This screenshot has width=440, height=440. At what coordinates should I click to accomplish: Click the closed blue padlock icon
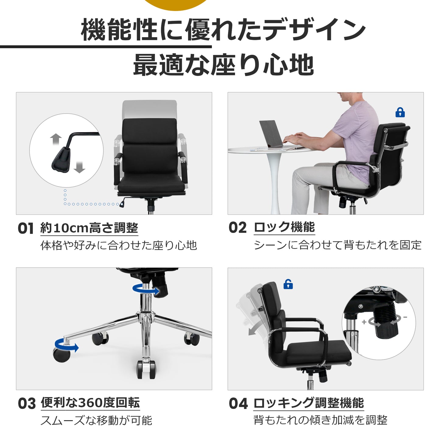[x=400, y=112]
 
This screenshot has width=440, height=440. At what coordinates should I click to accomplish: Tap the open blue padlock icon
[x=288, y=284]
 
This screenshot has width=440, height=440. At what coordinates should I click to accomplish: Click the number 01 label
[x=26, y=228]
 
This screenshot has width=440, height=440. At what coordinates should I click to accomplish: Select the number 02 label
[x=238, y=227]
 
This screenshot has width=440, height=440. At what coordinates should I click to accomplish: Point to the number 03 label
[x=27, y=403]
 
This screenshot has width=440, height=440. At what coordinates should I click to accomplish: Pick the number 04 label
[x=238, y=403]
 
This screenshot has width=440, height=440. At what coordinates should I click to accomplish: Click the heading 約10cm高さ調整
[x=89, y=228]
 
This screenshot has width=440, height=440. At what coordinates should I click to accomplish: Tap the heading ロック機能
[x=284, y=227]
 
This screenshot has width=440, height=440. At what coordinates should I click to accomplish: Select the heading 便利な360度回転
[x=90, y=403]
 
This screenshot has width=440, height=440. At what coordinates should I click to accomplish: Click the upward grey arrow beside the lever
[x=56, y=139]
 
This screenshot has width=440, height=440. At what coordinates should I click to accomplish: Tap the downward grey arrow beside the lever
[x=79, y=167]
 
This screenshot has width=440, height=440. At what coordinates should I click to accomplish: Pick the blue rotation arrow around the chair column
[x=146, y=289]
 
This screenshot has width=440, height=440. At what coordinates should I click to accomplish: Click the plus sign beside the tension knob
[x=364, y=322]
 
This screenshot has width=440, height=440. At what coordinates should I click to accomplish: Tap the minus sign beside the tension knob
[x=405, y=317]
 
